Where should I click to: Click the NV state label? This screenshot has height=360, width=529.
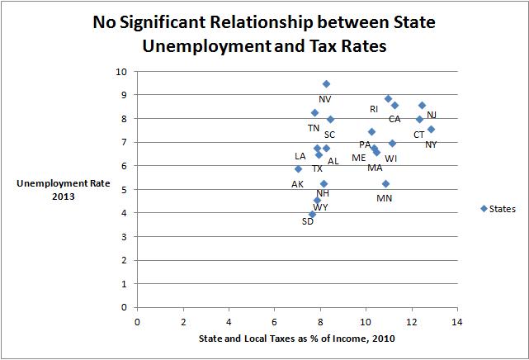pos(324,99)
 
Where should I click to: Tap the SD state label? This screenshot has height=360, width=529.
pos(308,221)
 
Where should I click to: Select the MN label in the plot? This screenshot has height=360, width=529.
pos(385,198)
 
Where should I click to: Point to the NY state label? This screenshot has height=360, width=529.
pos(431,145)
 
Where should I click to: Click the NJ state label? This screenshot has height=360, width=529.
pos(432,115)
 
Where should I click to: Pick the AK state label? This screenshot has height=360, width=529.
pos(297,183)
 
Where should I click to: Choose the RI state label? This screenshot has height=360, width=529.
pos(374,109)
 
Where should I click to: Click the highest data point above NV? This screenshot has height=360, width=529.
pos(326,84)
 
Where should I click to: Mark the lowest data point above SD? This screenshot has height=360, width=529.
pos(312,214)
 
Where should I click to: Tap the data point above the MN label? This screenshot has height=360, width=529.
pos(385,183)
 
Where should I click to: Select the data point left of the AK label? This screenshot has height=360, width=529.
pos(298,169)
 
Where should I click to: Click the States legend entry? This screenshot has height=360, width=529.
pos(498,209)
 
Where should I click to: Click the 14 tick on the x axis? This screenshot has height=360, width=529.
pos(456,320)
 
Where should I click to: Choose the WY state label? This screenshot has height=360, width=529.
pos(320,207)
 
